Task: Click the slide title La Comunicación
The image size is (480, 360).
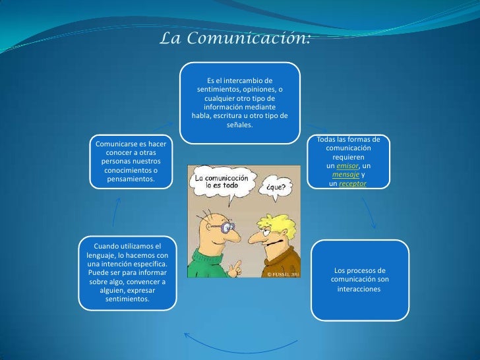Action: click(235, 39)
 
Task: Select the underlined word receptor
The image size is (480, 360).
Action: click(352, 183)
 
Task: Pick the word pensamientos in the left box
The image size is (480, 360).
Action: click(131, 179)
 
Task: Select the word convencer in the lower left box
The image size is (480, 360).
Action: click(144, 282)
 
